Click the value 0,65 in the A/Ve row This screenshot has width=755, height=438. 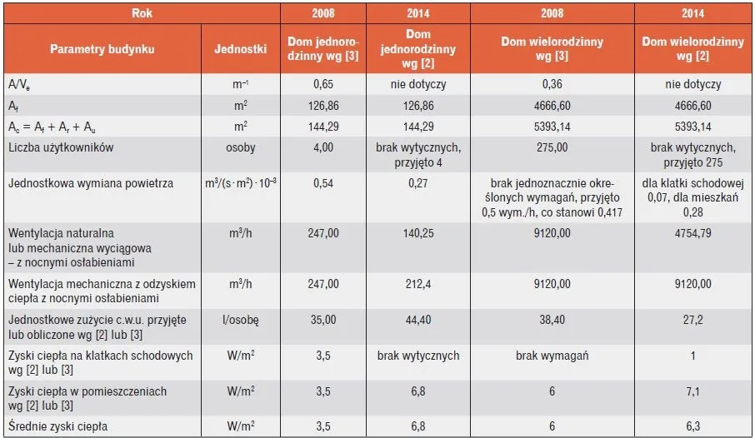tap(322, 85)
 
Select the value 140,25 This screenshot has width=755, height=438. tap(417, 234)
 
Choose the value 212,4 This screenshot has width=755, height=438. tap(417, 284)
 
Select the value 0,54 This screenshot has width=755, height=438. tap(322, 183)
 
